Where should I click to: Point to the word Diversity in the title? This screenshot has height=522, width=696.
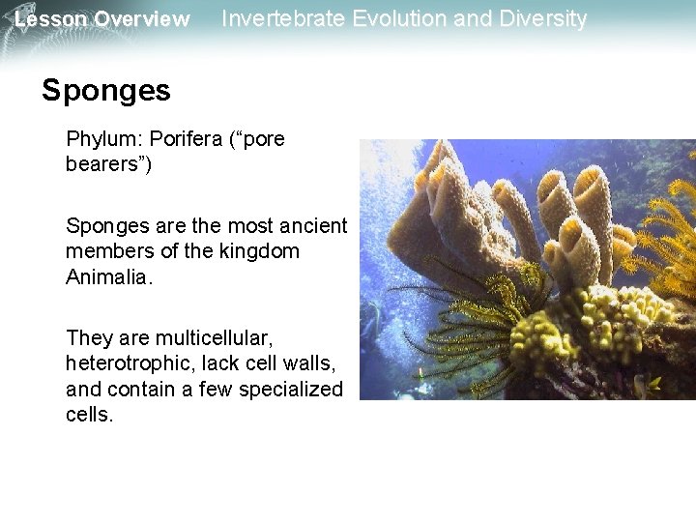click(538, 18)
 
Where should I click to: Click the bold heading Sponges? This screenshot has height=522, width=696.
click(106, 91)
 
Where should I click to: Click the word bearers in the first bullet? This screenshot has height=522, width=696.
click(102, 164)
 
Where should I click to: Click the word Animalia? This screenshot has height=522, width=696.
click(106, 276)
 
